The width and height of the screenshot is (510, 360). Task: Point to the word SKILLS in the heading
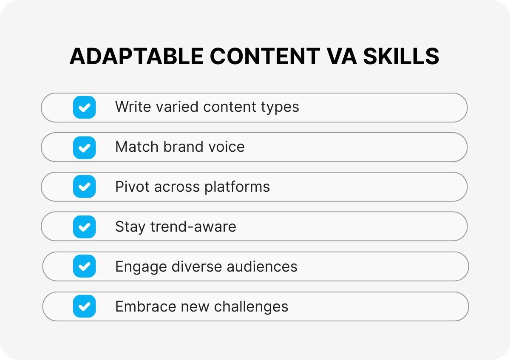tap(400, 57)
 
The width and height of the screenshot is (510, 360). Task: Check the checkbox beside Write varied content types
tap(84, 107)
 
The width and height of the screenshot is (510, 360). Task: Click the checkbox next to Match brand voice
tap(84, 147)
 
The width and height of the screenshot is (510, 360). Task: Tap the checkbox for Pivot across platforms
tap(84, 187)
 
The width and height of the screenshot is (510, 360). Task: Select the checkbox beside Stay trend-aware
tap(84, 227)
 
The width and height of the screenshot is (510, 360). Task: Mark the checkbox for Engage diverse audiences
tap(84, 266)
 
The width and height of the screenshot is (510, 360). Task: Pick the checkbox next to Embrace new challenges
tap(84, 306)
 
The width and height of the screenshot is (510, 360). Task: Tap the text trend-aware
tap(193, 227)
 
